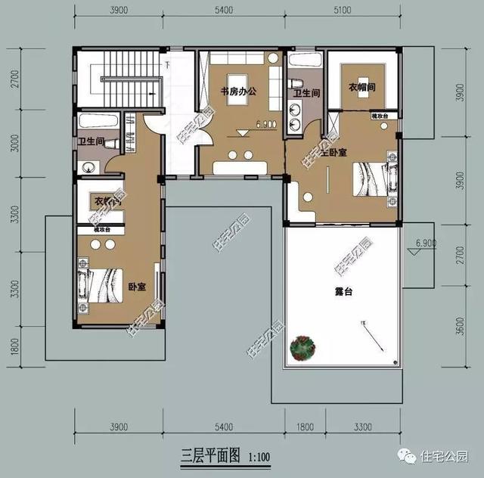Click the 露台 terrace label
click(x=344, y=290)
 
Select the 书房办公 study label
click(x=239, y=92)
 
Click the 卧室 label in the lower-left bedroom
click(x=137, y=287)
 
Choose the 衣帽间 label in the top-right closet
click(x=361, y=88)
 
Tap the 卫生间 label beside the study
click(x=307, y=94)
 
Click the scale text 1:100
click(x=256, y=457)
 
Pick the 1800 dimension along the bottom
click(x=305, y=427)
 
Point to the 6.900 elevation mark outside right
click(x=426, y=244)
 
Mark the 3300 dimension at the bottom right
click(x=365, y=427)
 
